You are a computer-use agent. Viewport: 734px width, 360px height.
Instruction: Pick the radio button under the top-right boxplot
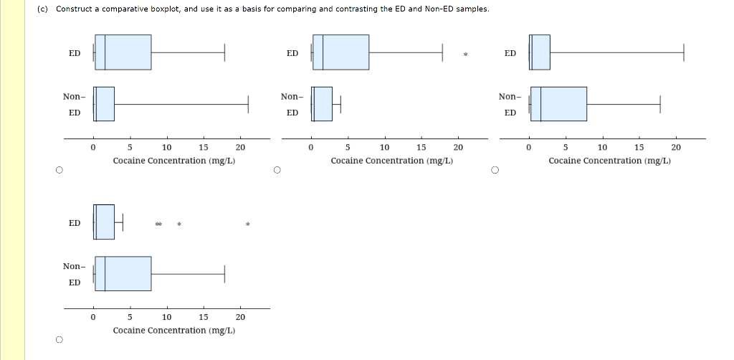[494, 171]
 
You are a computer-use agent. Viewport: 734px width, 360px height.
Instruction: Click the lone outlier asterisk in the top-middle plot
[465, 55]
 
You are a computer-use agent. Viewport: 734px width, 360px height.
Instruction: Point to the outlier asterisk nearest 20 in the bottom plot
[247, 224]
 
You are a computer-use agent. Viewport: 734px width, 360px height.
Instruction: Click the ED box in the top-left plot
[123, 52]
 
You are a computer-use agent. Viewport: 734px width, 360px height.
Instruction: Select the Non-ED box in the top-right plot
[558, 104]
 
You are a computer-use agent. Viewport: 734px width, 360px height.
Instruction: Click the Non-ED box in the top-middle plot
[322, 104]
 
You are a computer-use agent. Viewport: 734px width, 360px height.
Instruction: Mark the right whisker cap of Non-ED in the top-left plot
[248, 104]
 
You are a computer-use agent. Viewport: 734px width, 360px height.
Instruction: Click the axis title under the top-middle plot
[391, 161]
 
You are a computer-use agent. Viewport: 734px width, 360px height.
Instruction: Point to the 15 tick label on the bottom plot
[203, 317]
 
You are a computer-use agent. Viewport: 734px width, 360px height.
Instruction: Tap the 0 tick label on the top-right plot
[528, 148]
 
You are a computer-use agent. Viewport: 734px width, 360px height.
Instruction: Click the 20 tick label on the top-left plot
[240, 148]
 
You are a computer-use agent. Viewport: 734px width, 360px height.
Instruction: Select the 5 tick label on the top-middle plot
[348, 148]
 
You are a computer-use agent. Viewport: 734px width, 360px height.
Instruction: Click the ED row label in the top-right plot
[510, 54]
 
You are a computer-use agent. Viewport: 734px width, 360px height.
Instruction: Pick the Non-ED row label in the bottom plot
[74, 274]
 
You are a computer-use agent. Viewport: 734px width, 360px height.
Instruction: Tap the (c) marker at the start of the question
[44, 9]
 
